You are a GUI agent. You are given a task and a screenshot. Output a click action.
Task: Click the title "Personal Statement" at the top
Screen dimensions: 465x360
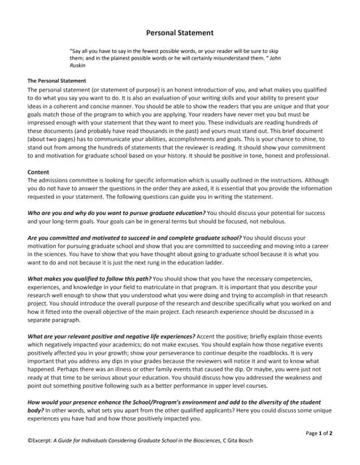click(x=180, y=33)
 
